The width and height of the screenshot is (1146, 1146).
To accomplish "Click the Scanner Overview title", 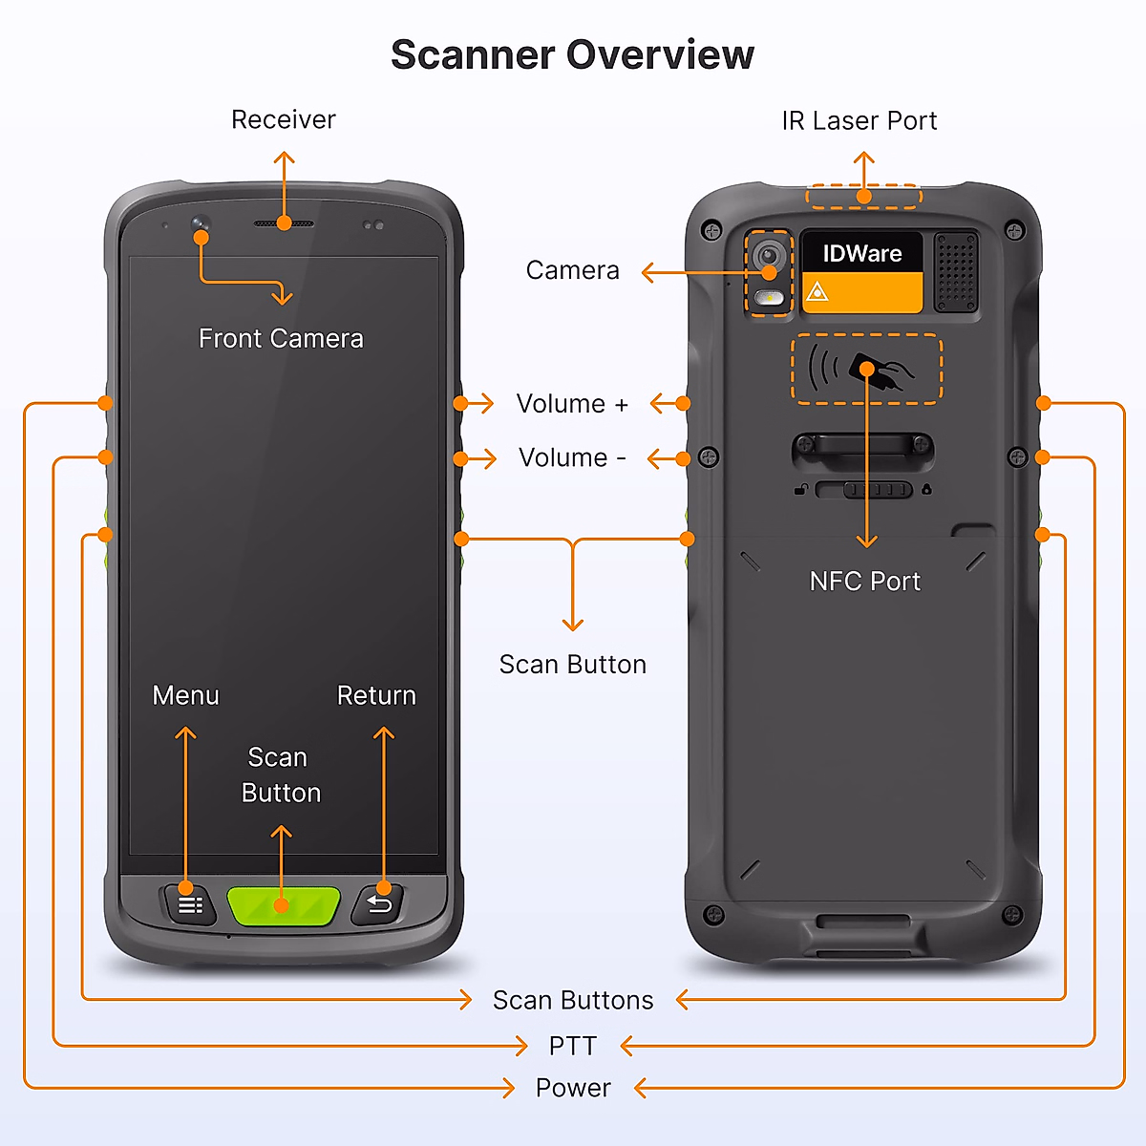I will click(572, 54).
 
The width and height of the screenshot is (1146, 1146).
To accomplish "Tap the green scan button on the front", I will click(283, 905).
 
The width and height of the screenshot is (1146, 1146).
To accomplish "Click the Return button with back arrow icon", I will click(379, 904).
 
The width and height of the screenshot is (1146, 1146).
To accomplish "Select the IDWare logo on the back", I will click(861, 253).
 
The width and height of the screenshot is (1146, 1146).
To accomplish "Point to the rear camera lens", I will click(769, 256).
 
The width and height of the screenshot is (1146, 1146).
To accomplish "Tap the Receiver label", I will click(284, 120).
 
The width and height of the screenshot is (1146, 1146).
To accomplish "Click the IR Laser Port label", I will click(859, 121).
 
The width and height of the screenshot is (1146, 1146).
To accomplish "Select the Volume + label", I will click(572, 404).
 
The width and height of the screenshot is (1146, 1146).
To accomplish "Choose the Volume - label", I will click(572, 458).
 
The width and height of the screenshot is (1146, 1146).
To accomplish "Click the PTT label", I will click(572, 1047).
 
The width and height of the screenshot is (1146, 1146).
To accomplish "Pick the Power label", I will click(573, 1088).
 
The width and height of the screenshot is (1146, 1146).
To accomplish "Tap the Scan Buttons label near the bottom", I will click(573, 1000).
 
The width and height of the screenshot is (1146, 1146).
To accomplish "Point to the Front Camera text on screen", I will click(281, 339).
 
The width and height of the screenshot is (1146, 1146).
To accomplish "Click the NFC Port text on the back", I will click(864, 582).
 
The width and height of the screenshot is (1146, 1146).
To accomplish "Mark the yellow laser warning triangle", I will click(817, 292).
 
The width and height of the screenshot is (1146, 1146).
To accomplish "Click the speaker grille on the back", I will click(956, 271).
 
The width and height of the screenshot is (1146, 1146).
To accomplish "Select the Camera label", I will click(572, 271).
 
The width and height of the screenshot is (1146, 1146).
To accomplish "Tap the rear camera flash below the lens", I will click(769, 299).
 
